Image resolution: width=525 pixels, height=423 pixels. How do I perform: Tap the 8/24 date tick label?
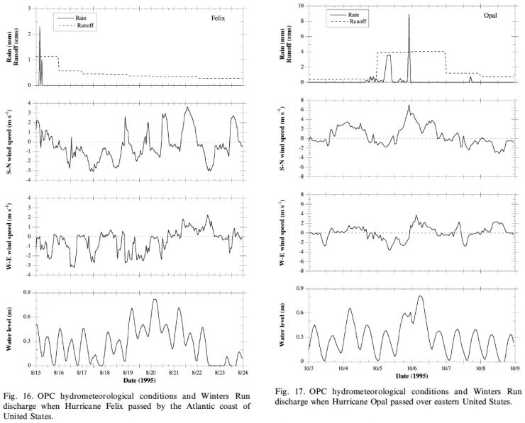[242, 371]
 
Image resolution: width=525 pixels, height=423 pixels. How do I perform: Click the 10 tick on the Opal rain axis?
[299, 5]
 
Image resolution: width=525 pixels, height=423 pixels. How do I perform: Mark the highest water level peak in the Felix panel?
[155, 300]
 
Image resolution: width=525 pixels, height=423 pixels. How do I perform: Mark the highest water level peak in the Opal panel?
[421, 296]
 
